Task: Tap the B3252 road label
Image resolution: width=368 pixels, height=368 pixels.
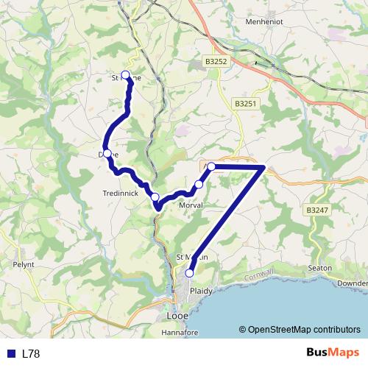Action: click(217, 63)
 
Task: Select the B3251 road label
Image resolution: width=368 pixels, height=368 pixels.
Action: click(246, 105)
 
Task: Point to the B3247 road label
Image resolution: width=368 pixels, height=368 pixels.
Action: click(317, 210)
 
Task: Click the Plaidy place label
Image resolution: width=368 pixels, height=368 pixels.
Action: click(201, 291)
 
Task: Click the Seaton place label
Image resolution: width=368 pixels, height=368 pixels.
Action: click(322, 267)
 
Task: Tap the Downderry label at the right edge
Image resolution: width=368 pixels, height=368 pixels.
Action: click(353, 283)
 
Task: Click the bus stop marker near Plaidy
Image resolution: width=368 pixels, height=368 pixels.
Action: click(189, 273)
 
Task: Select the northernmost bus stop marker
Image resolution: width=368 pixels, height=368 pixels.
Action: click(125, 74)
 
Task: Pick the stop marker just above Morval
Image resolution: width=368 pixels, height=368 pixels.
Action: click(199, 184)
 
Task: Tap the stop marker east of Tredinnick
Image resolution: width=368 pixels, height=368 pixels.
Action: click(155, 197)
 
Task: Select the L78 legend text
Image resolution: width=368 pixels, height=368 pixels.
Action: click(31, 354)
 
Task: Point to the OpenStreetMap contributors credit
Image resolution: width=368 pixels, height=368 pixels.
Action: click(299, 330)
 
